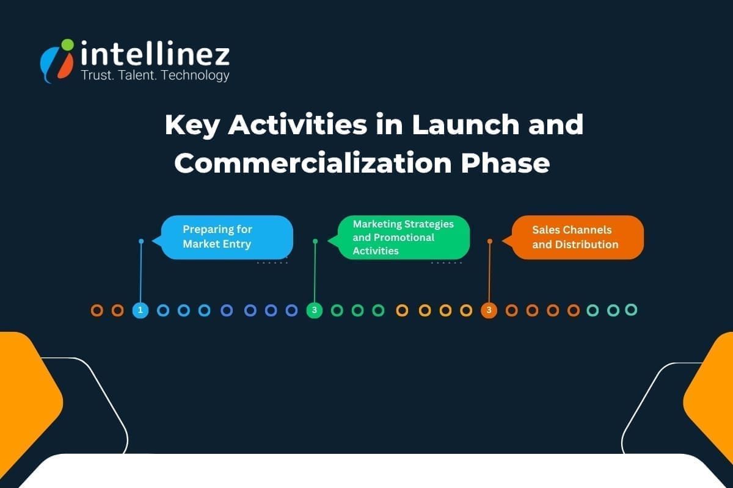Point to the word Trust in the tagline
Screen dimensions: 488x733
[x=96, y=76]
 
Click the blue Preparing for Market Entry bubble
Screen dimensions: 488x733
[x=227, y=237]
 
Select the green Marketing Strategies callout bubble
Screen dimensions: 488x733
[x=404, y=237]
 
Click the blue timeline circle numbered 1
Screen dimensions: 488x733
[x=140, y=310]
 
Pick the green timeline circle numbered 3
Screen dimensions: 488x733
[x=315, y=310]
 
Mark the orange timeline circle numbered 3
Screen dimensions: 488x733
[x=489, y=310]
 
